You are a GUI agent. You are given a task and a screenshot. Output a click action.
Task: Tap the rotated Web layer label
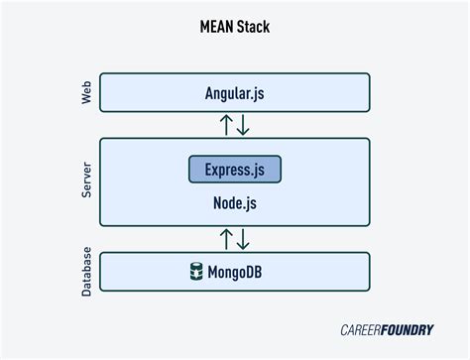(x=85, y=92)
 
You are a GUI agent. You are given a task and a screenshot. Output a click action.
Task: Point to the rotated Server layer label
(x=85, y=185)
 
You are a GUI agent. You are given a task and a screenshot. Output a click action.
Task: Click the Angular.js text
(x=235, y=92)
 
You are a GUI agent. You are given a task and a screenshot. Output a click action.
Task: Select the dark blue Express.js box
(x=235, y=169)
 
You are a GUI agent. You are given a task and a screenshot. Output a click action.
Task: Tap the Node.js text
(x=235, y=202)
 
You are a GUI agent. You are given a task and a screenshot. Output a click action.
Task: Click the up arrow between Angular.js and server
(x=227, y=125)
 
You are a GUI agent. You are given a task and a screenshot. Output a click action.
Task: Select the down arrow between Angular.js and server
(x=244, y=125)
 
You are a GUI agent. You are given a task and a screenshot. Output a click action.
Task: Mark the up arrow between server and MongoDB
(x=227, y=238)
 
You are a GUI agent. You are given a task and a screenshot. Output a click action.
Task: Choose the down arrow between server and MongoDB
(x=244, y=238)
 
